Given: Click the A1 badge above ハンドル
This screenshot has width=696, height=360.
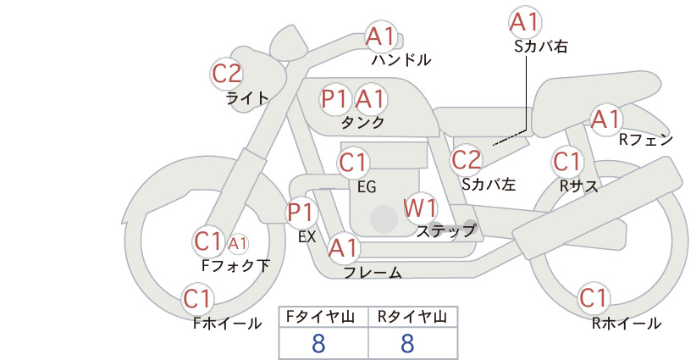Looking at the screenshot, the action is (381, 36).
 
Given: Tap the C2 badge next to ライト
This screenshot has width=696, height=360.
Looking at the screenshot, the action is (227, 74).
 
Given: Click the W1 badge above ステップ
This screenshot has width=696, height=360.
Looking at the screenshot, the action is (420, 208).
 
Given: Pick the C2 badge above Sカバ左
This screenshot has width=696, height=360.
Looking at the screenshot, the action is (466, 160).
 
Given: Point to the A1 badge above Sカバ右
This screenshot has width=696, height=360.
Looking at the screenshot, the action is (525, 22).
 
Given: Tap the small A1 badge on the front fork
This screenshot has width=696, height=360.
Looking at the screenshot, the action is (237, 243).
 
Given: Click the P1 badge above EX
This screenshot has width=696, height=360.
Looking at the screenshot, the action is (301, 212).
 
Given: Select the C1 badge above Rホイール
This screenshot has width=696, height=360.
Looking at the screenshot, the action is (594, 298).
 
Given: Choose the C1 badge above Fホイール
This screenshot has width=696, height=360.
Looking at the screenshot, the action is (197, 299).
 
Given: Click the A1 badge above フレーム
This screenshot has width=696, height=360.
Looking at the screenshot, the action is (344, 248).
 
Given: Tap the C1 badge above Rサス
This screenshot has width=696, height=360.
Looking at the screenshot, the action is (566, 162).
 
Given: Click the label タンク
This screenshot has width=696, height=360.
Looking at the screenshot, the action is (362, 122).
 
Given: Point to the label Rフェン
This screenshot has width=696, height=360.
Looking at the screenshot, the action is (646, 140).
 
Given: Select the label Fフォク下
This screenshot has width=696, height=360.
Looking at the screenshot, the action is (235, 265).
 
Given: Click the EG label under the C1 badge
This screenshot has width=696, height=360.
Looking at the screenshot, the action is (367, 187).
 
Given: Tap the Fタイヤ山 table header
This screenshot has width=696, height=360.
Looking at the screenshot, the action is (320, 317).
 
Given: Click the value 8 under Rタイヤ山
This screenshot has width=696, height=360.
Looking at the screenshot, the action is (407, 343).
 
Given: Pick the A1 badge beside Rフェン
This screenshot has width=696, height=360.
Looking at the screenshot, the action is (606, 119).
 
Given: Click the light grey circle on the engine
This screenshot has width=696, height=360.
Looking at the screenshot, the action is (384, 219).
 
